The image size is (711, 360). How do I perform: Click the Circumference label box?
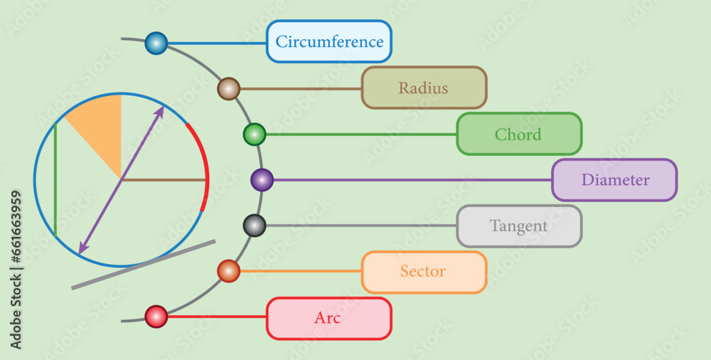coord(329,41)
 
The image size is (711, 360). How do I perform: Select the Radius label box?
coord(424,88)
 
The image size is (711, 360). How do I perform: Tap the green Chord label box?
coord(519,134)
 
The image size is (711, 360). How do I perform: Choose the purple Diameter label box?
coord(614,180)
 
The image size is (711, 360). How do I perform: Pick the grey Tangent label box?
coord(519,226)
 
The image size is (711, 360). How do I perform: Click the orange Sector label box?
coord(424,272)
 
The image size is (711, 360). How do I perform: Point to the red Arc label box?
coord(328,318)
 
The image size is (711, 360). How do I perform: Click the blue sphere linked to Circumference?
coord(156,43)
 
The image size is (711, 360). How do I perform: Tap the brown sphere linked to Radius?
coord(228,89)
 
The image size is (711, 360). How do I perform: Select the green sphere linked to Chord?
coord(254,134)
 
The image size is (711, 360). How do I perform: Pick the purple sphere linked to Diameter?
coord(262,180)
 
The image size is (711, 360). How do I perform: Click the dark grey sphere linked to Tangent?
coord(254,226)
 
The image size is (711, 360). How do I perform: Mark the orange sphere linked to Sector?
coord(228,271)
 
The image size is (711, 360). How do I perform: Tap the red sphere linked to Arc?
coord(156,316)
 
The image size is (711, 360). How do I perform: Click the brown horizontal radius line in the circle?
coord(164,180)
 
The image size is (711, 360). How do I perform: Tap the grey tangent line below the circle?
coord(142,265)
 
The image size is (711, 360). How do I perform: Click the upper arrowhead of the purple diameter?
coord(161,109)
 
